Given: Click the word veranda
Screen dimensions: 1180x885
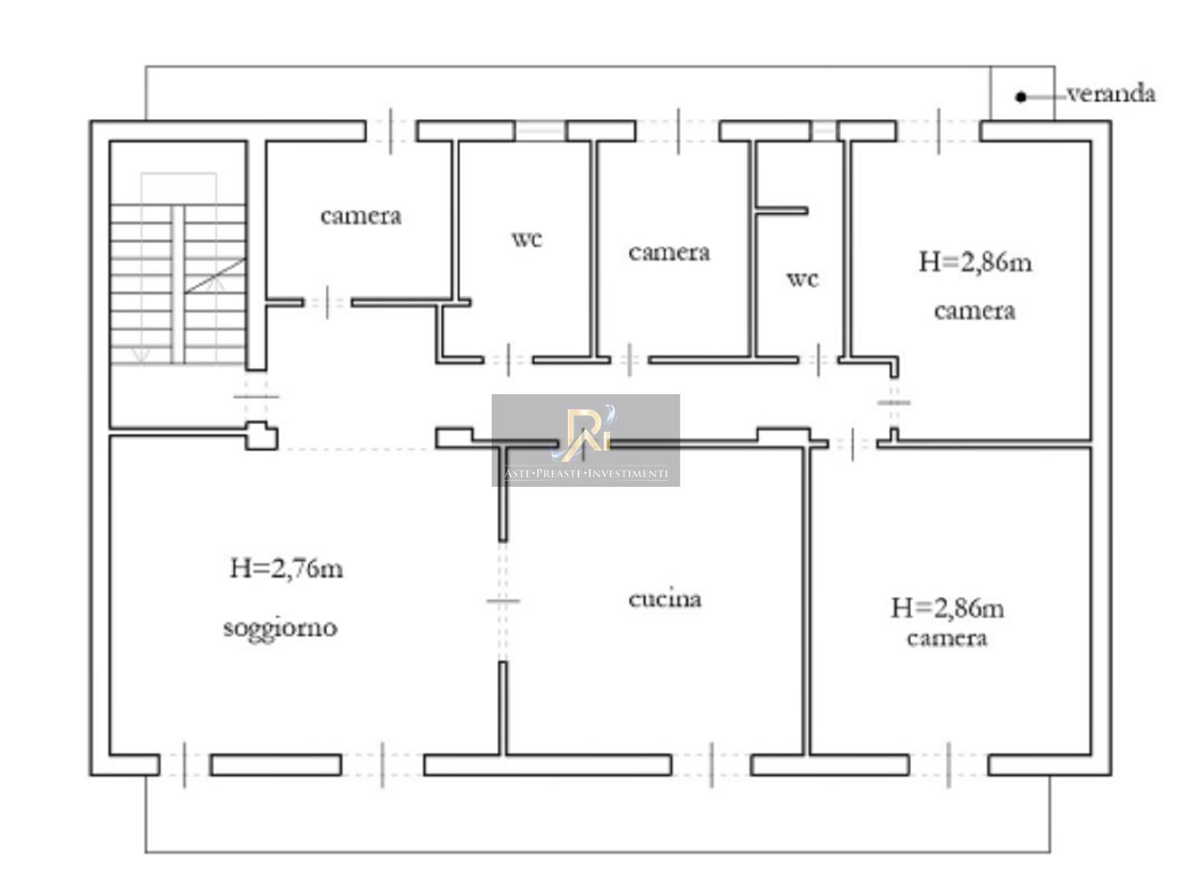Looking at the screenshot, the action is [1111, 94].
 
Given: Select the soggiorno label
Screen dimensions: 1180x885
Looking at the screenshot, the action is [280, 628].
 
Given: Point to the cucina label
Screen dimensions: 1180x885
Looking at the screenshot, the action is [665, 599].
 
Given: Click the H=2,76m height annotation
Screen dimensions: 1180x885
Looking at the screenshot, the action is [286, 568].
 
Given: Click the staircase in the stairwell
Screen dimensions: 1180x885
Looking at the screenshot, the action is [178, 284].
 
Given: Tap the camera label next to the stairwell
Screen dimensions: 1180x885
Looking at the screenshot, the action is [361, 216].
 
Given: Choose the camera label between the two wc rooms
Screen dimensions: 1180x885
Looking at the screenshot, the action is [669, 253].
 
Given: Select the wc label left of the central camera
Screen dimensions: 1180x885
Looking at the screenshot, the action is [527, 239].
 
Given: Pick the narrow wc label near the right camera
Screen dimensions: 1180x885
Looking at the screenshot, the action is [802, 279].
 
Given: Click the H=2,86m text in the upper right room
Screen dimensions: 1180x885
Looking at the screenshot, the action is [975, 263].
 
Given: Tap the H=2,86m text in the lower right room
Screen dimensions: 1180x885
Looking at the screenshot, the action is [947, 608].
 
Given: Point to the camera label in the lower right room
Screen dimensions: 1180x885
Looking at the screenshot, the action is [947, 638].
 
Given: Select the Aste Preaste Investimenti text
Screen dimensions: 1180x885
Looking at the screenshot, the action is [586, 474].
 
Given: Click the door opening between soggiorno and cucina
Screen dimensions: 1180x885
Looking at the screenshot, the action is [503, 601].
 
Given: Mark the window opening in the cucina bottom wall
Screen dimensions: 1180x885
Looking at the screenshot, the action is [711, 765].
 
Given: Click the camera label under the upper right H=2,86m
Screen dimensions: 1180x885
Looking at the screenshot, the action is [975, 311].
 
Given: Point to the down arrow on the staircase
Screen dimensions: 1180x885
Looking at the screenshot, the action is [141, 355].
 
